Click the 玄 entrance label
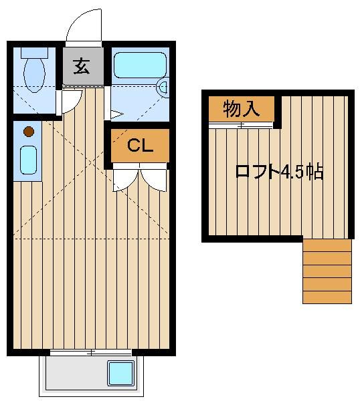pos(82,66)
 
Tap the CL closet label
pos(140,146)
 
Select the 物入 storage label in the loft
pos(241,109)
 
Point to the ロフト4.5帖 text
pos(279,171)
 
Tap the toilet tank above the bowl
pos(34,53)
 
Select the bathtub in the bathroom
pos(140,65)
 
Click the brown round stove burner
pos(29,132)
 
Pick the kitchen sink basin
pos(28,160)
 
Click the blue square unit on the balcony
pos(120,373)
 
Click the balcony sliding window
pos(90,353)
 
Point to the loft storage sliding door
pos(241,126)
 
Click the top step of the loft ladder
pos(327,245)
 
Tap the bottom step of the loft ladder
pos(327,297)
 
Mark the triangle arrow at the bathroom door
pos(116,114)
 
